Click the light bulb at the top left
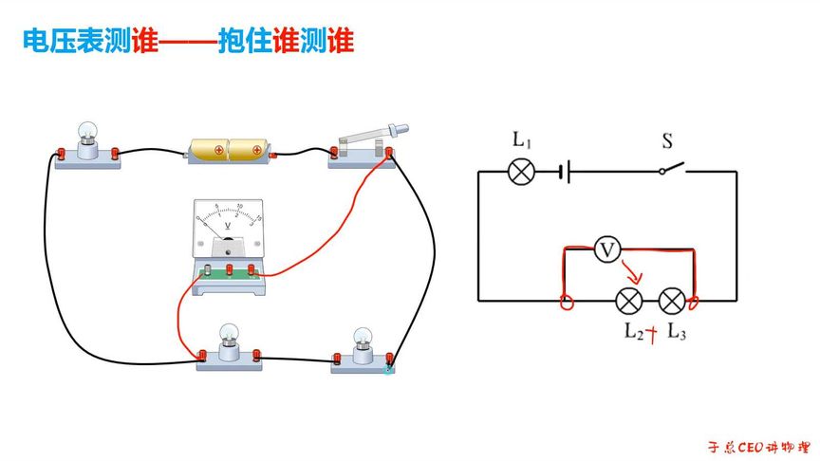(88, 138)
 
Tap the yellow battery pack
(229, 150)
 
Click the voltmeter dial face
(228, 224)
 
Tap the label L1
(522, 140)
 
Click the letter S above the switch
(667, 141)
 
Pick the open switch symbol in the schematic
(672, 169)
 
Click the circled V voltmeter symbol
(607, 250)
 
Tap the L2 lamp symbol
(628, 302)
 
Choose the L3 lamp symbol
(672, 302)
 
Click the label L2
(634, 332)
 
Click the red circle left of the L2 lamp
(567, 304)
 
